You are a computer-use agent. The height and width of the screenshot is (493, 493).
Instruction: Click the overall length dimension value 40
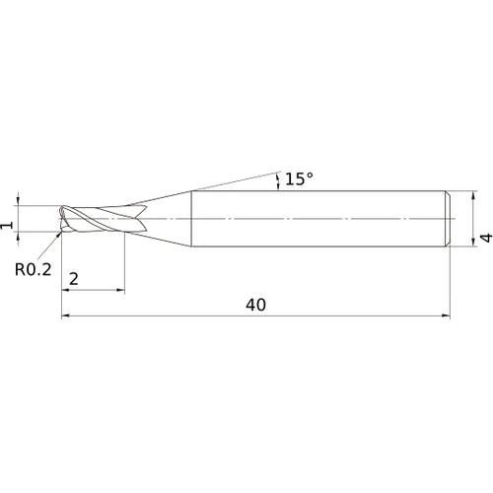click(255, 305)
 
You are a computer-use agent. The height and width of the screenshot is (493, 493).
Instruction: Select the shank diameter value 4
click(485, 238)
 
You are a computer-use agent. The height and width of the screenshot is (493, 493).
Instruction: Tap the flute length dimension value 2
click(75, 279)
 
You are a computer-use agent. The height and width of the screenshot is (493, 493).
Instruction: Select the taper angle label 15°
click(299, 178)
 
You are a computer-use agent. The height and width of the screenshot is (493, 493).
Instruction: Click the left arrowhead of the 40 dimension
click(66, 317)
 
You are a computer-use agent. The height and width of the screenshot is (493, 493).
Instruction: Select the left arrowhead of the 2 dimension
click(66, 291)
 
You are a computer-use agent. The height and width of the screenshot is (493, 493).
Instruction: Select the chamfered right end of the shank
click(450, 216)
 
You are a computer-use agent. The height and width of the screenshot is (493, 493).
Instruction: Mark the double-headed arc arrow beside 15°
click(277, 177)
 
